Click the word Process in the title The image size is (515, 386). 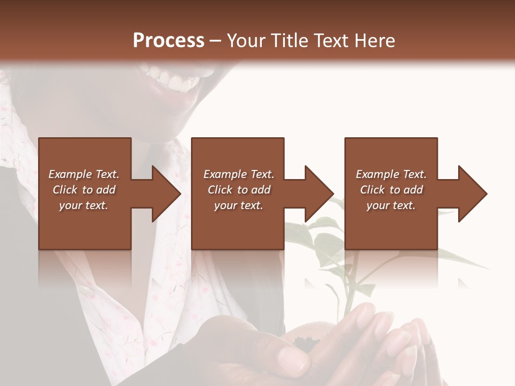[168, 41]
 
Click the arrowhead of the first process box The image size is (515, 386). [166, 194]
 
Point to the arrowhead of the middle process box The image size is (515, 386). [319, 194]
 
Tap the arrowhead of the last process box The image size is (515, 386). [473, 194]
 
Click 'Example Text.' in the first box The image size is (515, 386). [84, 174]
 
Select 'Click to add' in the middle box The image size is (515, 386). [239, 190]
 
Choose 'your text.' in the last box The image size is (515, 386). [391, 205]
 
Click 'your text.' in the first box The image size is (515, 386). [84, 205]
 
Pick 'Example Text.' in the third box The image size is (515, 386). [391, 174]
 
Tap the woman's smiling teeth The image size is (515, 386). [171, 81]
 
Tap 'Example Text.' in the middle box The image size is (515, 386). [239, 174]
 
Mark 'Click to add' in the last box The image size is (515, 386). [391, 190]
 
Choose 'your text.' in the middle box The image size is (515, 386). [239, 205]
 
